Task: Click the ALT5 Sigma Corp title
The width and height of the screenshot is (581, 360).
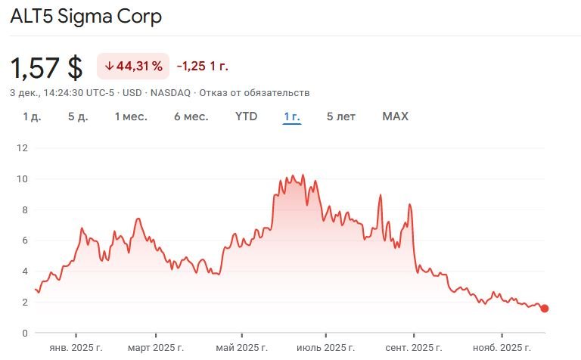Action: click(x=85, y=16)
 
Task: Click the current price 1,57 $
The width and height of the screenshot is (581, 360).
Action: click(x=46, y=67)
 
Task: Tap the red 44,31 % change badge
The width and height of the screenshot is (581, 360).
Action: click(x=133, y=67)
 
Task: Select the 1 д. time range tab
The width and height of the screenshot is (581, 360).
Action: click(x=32, y=116)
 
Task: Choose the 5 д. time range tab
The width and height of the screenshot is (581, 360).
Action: click(x=77, y=116)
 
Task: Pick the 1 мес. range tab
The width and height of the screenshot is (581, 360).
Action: click(x=131, y=116)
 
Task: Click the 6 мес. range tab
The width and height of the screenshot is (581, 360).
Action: click(x=191, y=116)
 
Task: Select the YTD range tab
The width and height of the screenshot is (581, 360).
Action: click(x=246, y=116)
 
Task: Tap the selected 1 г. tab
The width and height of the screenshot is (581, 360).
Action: click(x=292, y=116)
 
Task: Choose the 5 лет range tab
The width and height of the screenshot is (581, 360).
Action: click(x=341, y=116)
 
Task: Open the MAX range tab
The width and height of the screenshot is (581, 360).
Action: click(x=395, y=116)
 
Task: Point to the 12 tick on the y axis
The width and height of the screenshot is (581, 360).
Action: click(x=22, y=148)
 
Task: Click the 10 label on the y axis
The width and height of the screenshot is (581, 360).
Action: click(x=22, y=179)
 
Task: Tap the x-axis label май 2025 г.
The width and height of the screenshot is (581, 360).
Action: click(x=242, y=348)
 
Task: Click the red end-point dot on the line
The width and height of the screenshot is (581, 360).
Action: click(x=545, y=309)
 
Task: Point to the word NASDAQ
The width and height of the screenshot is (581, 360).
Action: click(x=171, y=92)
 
